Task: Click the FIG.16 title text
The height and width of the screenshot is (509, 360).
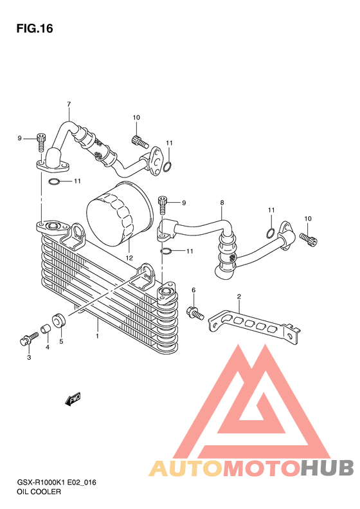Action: (35, 28)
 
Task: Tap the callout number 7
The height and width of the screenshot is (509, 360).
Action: (69, 104)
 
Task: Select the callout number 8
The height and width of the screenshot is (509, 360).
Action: (222, 203)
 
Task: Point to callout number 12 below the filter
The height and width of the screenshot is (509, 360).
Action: (129, 258)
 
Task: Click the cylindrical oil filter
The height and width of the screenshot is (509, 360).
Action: (120, 214)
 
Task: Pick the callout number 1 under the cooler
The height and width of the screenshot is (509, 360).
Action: (97, 336)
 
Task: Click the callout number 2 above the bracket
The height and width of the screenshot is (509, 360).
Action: (239, 297)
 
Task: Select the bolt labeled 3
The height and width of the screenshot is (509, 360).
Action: (28, 338)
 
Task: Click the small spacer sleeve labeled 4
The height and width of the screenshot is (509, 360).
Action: (46, 329)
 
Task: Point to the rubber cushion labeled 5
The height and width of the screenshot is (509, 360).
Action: (59, 320)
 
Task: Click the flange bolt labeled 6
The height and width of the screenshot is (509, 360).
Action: (195, 313)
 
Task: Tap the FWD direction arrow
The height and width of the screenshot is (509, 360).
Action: (73, 398)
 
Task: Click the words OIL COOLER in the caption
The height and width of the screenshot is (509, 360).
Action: (39, 492)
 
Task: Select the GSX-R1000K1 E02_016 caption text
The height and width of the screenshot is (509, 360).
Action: (57, 483)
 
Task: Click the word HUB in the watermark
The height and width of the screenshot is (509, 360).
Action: (327, 467)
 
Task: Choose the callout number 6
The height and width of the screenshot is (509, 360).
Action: (194, 290)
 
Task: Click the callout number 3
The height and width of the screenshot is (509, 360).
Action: (29, 357)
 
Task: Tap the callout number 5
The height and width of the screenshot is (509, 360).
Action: (61, 341)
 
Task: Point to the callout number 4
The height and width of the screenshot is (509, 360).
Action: (48, 347)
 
